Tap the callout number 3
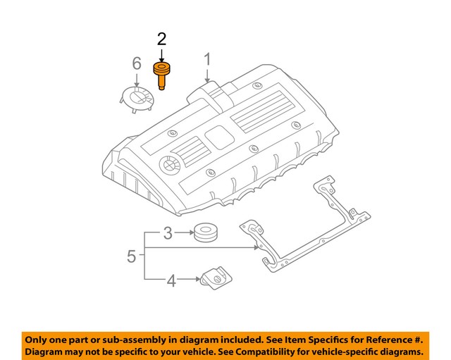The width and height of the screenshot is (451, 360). tap(168, 232)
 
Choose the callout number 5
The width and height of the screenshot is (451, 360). tap(131, 256)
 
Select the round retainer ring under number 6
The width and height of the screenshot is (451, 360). tap(136, 99)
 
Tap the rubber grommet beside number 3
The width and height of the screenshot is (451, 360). tap(206, 232)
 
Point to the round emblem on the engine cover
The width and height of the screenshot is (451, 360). tap(170, 164)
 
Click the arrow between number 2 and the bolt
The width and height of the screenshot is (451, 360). tap(161, 55)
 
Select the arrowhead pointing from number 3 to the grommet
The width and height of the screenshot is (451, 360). tap(190, 232)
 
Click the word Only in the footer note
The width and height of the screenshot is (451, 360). tap(39, 339)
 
